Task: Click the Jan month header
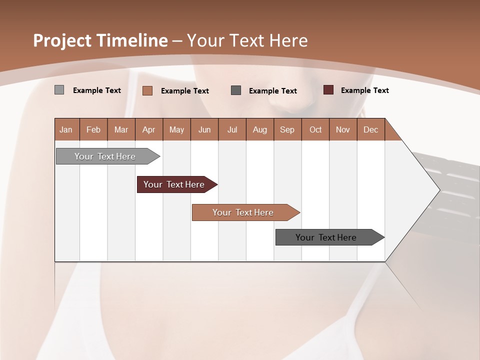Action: click(66, 130)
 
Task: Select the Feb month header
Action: click(93, 130)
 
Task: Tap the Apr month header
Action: click(148, 130)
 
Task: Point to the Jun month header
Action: click(204, 130)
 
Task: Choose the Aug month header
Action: click(259, 130)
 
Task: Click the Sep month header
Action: click(287, 130)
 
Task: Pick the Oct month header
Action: click(315, 130)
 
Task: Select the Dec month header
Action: click(370, 130)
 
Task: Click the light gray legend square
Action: click(59, 90)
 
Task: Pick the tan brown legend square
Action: click(147, 90)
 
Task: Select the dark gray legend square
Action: click(236, 90)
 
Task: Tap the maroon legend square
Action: click(328, 90)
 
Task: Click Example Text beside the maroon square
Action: click(364, 90)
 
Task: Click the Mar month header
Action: click(121, 130)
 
